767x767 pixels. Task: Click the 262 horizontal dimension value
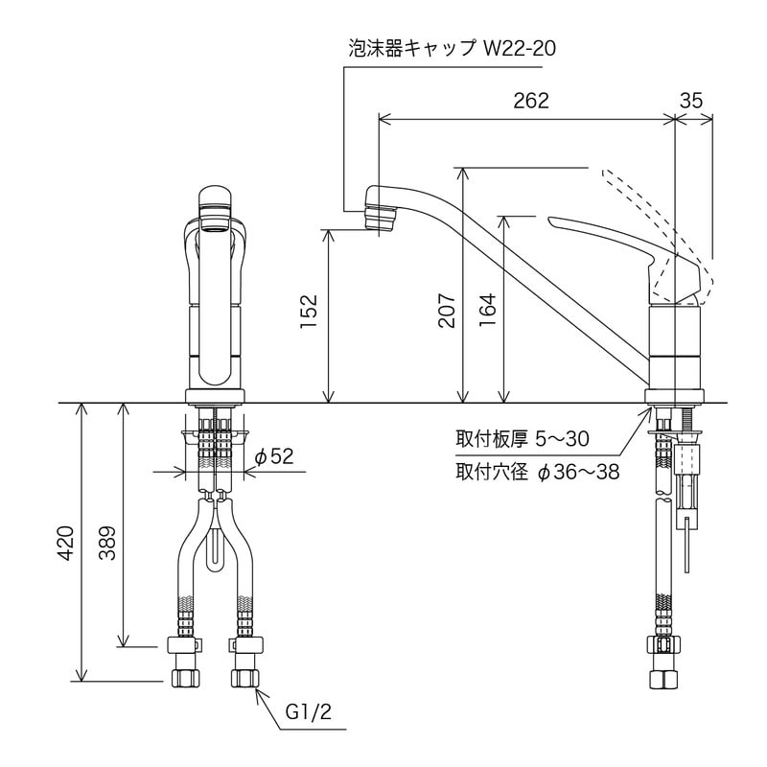[530, 102]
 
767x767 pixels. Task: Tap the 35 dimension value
[692, 102]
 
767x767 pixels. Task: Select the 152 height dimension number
[309, 312]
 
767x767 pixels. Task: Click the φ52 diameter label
[274, 457]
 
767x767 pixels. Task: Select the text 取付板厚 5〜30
[522, 439]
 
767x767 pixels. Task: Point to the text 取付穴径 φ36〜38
[537, 472]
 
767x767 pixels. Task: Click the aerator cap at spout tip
[381, 215]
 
